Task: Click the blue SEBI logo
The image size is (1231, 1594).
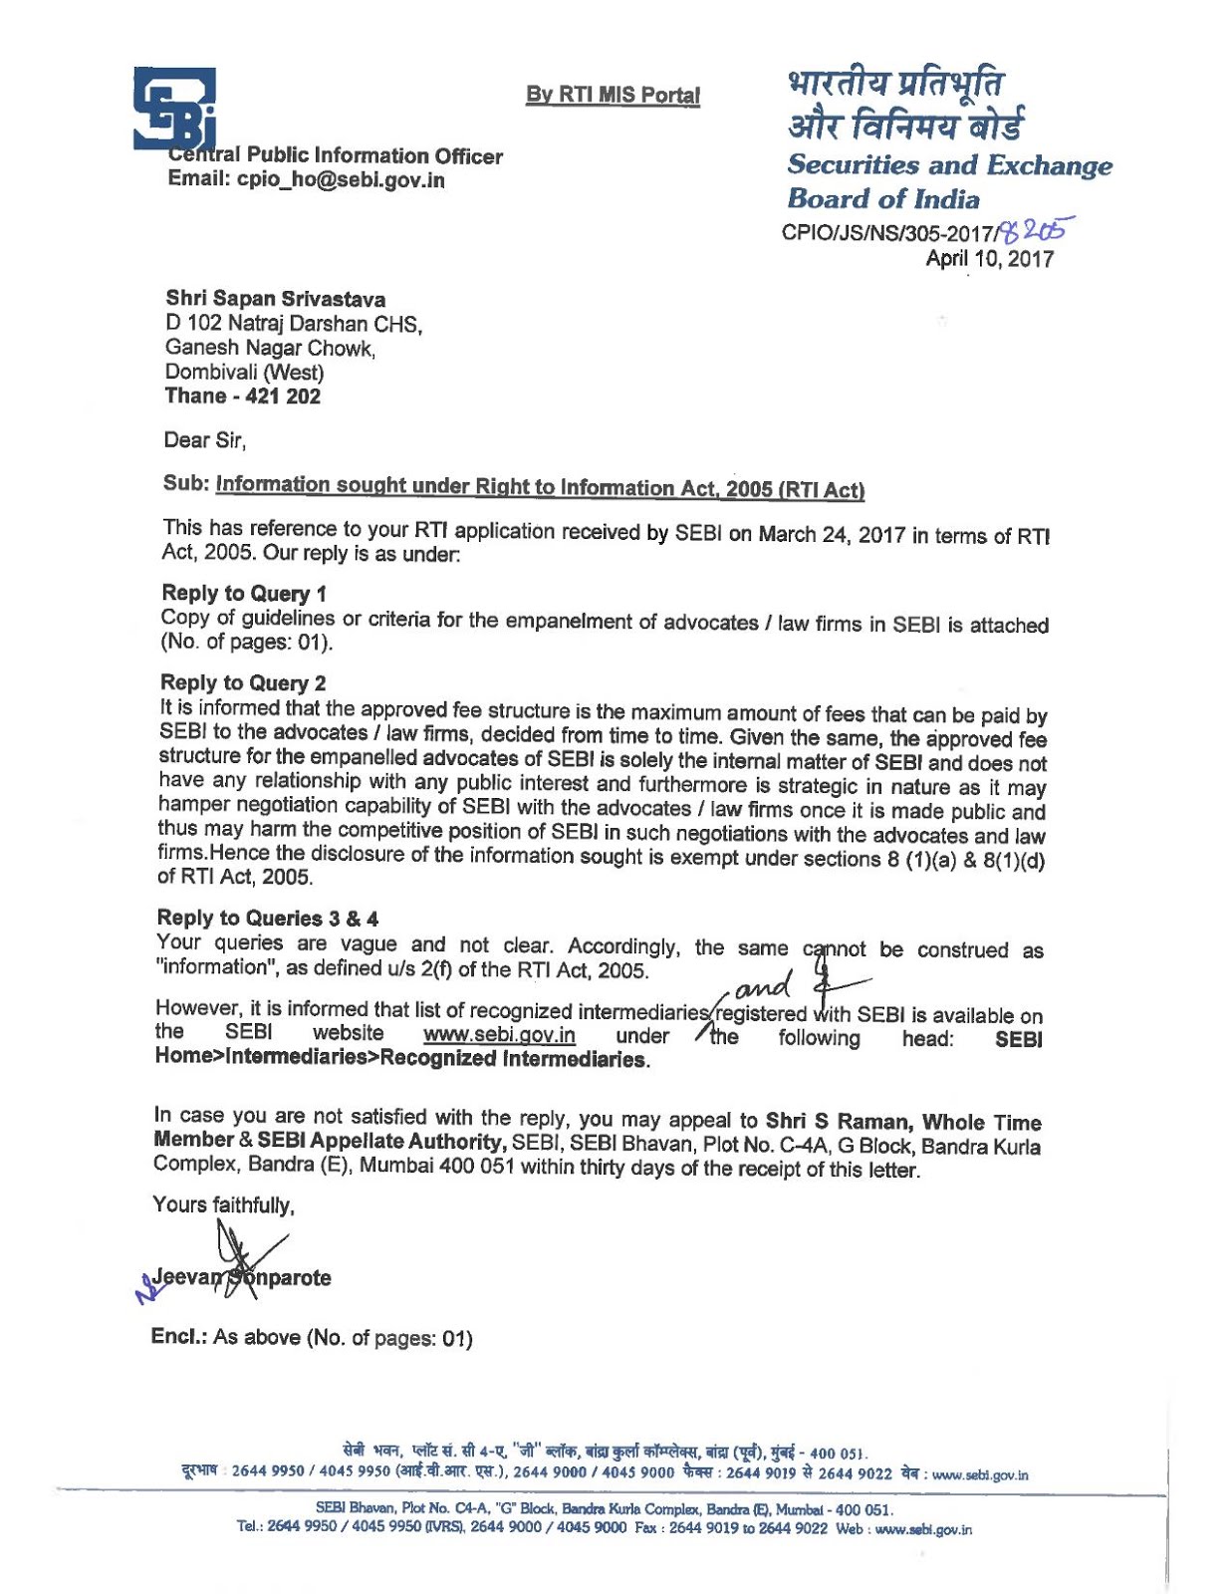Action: click(175, 109)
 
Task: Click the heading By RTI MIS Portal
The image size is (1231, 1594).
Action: click(613, 96)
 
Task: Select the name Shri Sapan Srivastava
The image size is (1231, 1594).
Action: click(275, 299)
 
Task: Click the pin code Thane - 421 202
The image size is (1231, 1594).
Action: click(242, 396)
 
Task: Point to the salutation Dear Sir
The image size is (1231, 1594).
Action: click(204, 439)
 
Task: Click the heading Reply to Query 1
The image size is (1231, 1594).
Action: click(243, 594)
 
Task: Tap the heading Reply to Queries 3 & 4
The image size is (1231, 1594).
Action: click(267, 918)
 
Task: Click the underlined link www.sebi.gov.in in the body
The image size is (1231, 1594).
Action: click(499, 1035)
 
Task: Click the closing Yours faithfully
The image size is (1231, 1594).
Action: click(223, 1204)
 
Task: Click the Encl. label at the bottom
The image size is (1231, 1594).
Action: click(178, 1337)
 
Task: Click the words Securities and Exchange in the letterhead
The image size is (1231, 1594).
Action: click(948, 165)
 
